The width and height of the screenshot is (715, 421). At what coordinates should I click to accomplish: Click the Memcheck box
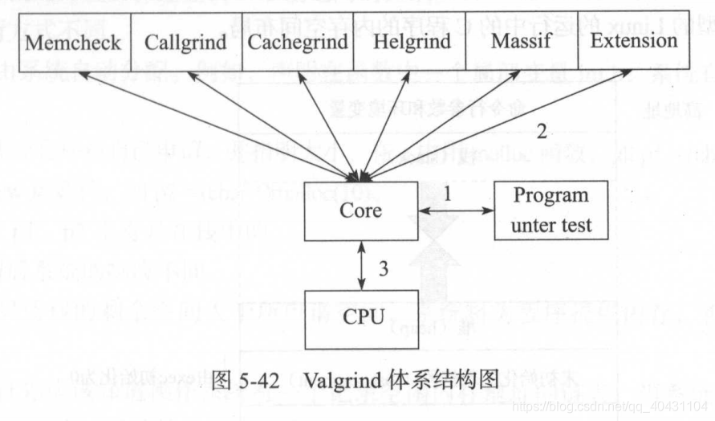tap(73, 42)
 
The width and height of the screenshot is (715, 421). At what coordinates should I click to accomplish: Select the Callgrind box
tap(185, 42)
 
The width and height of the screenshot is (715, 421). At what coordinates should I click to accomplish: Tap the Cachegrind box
tap(298, 42)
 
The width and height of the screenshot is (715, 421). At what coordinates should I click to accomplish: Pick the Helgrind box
tap(411, 42)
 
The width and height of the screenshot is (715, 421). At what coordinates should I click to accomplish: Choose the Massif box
tap(522, 42)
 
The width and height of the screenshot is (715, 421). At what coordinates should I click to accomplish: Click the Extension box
tap(633, 42)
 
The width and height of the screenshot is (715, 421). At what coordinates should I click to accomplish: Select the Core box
tap(360, 211)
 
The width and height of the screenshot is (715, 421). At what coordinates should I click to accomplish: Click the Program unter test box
tap(550, 210)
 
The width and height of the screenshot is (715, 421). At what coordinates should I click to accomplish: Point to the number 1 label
tap(448, 194)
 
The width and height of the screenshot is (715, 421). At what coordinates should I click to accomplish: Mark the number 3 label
tap(384, 268)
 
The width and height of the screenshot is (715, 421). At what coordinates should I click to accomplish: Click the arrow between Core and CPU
tap(362, 265)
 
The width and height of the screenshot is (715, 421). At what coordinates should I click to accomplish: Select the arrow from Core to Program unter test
tap(456, 210)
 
